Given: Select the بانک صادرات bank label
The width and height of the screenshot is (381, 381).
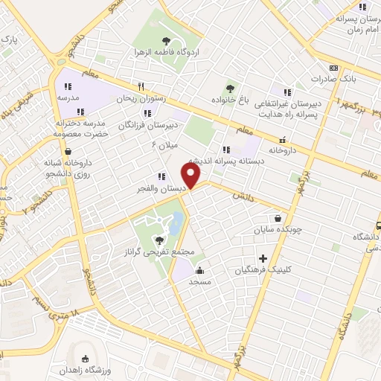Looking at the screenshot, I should (x=329, y=78).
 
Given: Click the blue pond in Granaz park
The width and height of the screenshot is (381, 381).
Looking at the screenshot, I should (x=178, y=222).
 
